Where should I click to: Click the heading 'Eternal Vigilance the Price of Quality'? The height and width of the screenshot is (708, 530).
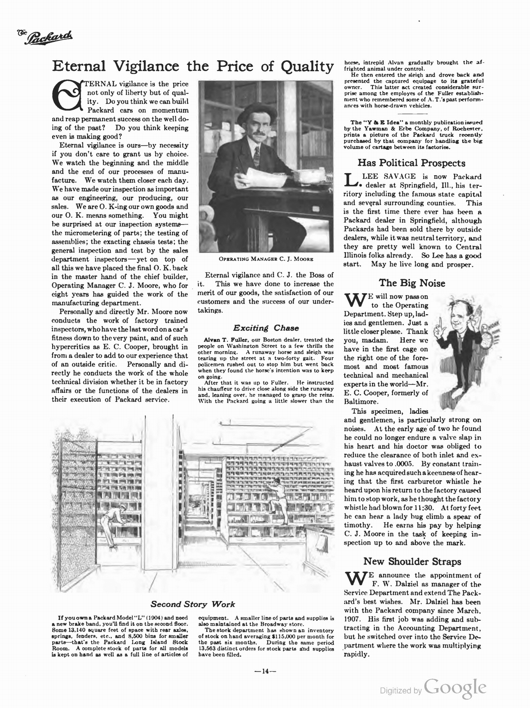(x=192, y=66)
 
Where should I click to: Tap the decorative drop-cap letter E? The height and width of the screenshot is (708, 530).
(x=67, y=94)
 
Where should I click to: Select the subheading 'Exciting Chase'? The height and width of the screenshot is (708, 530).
(x=266, y=328)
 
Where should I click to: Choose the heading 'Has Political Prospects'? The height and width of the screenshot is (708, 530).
(x=411, y=163)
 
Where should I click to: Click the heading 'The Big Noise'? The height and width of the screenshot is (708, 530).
(x=412, y=283)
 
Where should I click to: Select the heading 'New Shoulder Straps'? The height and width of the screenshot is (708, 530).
(x=412, y=562)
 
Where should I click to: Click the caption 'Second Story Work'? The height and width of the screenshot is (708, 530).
(x=193, y=604)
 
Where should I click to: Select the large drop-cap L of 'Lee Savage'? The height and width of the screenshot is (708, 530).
(x=350, y=178)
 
